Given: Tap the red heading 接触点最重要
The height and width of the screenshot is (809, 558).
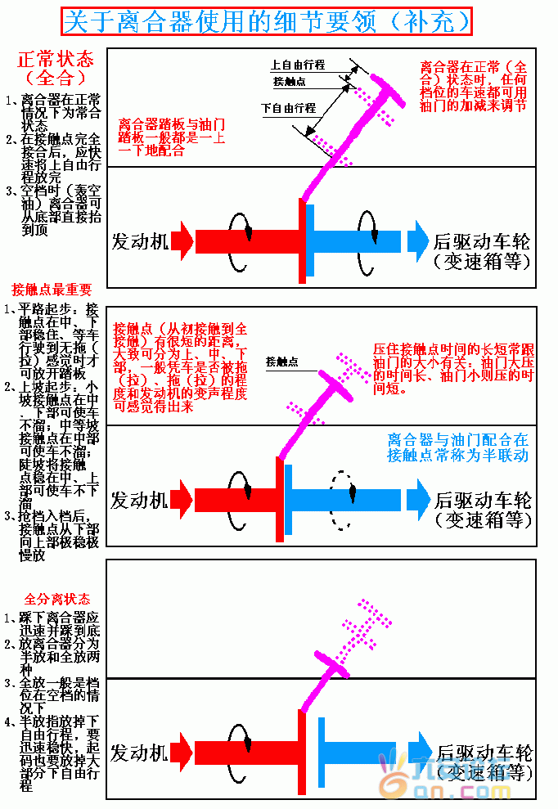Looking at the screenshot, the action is click(52, 290).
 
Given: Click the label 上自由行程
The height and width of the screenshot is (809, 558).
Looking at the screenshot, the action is click(297, 65).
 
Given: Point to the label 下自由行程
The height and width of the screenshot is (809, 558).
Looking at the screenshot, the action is click(288, 108).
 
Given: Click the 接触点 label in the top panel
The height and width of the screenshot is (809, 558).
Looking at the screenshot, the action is click(290, 82).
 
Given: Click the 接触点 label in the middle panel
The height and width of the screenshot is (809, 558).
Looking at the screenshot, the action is click(281, 361).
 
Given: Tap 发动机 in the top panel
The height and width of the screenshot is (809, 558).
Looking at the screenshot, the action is click(140, 241).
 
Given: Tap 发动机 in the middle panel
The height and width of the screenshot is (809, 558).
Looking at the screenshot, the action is click(140, 500).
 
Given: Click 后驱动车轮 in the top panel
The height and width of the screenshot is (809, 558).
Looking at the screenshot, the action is click(482, 242).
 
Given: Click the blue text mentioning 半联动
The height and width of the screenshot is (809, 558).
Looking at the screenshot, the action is click(457, 447).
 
